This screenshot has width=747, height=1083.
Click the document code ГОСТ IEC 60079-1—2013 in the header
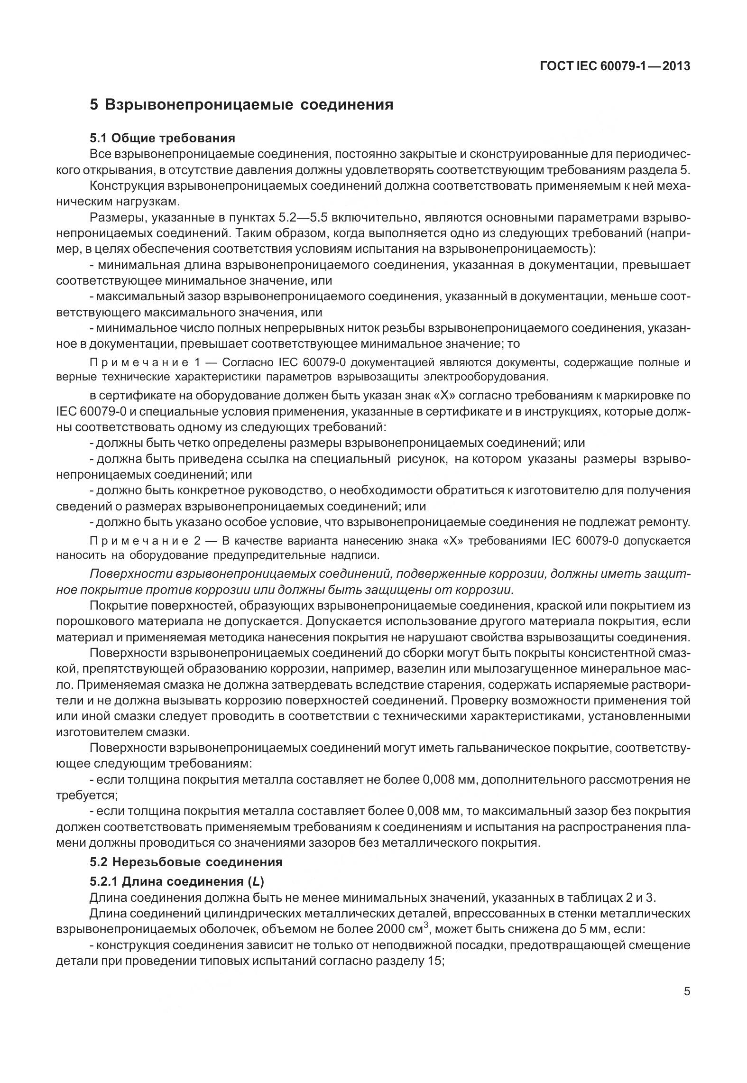coord(615,66)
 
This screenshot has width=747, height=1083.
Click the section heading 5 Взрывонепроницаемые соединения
coord(241,104)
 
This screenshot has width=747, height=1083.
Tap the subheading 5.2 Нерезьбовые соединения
coord(186,861)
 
